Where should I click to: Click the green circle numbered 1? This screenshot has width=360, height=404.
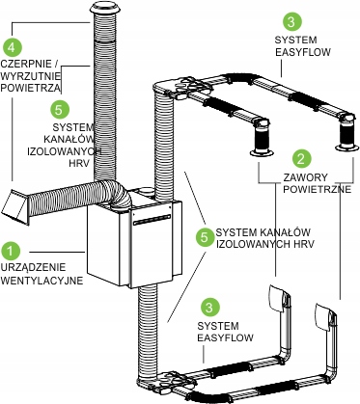11,251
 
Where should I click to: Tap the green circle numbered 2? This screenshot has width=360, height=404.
301,159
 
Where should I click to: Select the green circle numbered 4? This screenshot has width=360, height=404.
12,47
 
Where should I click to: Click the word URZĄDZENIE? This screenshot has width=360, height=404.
34,267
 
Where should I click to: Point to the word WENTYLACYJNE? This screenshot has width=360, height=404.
42,281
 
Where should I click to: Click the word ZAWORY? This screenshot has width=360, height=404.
301,177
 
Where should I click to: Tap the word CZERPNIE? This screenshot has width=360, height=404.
26,64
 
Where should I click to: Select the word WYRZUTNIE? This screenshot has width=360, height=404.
31,76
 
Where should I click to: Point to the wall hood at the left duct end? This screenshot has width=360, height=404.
15,206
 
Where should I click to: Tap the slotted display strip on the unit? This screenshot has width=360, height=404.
152,219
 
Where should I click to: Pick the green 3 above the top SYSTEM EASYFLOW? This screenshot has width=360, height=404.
292,21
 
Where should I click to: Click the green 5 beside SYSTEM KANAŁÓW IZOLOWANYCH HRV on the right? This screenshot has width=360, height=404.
205,238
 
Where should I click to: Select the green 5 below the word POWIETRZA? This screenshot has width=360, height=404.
60,110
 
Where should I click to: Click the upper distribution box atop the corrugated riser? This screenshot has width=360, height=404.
181,88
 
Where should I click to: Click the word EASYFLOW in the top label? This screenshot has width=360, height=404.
303,52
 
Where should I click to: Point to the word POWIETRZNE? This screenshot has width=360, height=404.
317,189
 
